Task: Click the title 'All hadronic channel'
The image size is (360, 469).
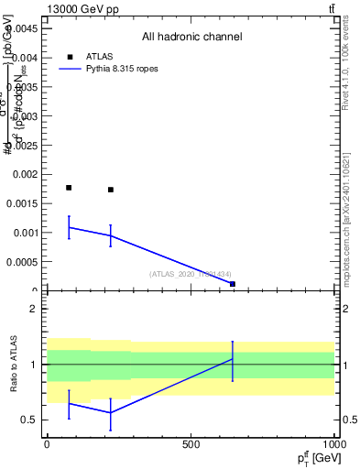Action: pyautogui.click(x=191, y=37)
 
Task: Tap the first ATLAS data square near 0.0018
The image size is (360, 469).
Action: pyautogui.click(x=69, y=188)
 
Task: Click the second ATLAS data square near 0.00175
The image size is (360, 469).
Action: pyautogui.click(x=111, y=190)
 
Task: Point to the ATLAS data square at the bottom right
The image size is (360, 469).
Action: pyautogui.click(x=233, y=284)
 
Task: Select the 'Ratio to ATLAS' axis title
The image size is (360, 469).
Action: pyautogui.click(x=14, y=365)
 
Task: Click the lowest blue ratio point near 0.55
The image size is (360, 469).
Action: pyautogui.click(x=111, y=412)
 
